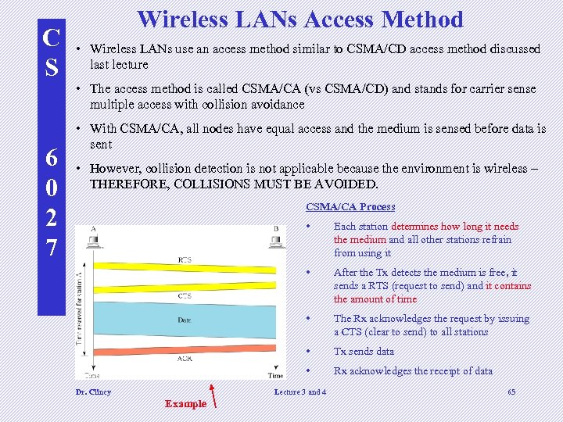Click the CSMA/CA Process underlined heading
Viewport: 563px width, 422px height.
tap(350, 207)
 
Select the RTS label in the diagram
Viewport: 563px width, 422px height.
tap(185, 259)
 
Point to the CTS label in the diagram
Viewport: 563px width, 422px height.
tap(185, 296)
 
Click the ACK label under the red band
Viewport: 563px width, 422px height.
tap(185, 359)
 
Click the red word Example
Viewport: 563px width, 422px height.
tap(185, 404)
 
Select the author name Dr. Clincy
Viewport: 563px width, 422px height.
tap(93, 392)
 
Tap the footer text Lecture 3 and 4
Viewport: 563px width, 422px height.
tap(300, 392)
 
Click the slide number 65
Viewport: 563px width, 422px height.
tap(511, 392)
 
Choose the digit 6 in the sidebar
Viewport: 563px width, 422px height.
tap(51, 158)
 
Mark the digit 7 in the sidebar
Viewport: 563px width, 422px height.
tap(51, 248)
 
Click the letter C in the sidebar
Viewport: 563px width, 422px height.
tap(51, 38)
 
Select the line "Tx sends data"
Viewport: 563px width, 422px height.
tap(364, 352)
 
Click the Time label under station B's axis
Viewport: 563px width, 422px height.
tap(275, 376)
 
